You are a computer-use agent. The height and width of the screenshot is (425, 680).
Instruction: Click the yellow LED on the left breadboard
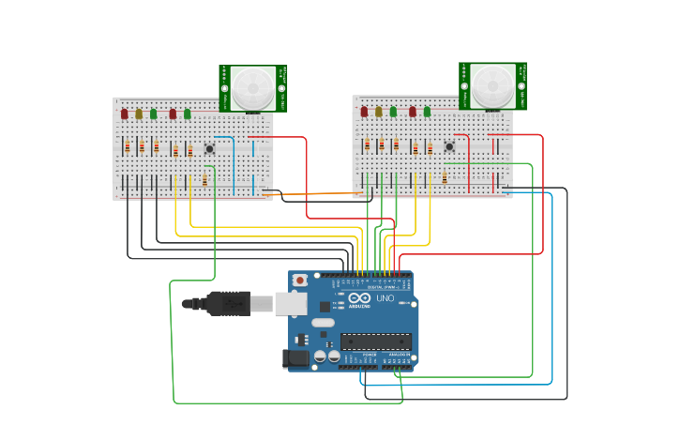tap(139, 114)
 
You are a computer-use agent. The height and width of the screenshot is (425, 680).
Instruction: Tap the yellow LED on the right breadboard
tap(379, 112)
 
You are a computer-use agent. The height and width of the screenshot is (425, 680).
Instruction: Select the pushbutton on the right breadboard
tap(449, 146)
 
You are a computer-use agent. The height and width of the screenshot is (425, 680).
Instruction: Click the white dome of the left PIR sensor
tap(253, 88)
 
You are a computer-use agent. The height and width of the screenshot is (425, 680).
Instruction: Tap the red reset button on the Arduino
tap(300, 280)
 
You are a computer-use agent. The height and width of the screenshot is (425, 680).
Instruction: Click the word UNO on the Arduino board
tap(385, 298)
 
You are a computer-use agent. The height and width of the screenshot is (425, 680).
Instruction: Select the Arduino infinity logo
tap(360, 298)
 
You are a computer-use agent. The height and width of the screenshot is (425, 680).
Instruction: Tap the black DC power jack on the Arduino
tap(296, 357)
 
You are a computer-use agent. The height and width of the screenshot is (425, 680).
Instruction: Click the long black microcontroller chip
tap(375, 342)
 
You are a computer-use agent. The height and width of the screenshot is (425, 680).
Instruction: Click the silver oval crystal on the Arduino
tap(323, 323)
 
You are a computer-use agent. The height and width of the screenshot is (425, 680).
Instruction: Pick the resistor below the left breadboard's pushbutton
tap(204, 180)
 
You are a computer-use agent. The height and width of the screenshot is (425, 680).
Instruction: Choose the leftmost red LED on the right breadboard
tap(364, 112)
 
